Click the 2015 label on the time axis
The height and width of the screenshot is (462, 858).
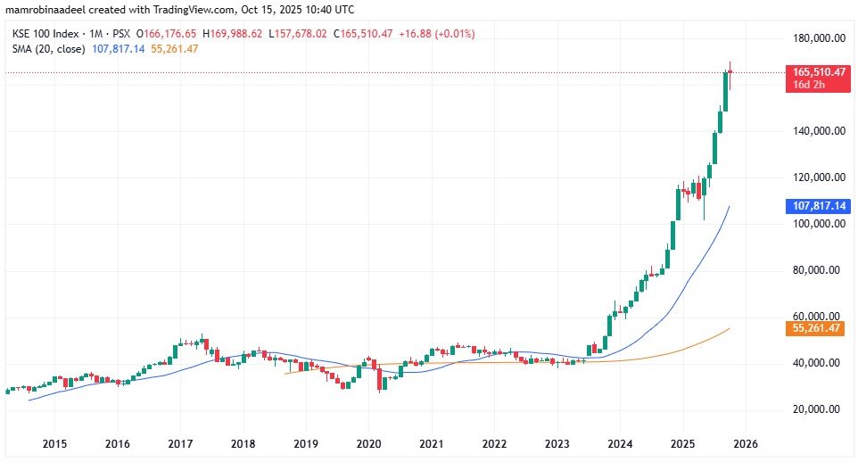click(54, 443)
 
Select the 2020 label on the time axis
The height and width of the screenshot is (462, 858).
click(368, 443)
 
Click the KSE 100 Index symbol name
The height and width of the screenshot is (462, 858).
click(43, 34)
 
